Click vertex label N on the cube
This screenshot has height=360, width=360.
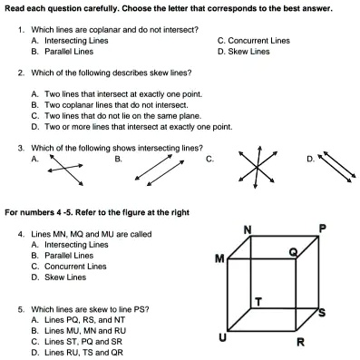(x=248, y=230)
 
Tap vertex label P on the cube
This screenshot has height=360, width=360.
(x=323, y=229)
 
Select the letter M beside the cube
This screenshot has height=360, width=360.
(x=219, y=259)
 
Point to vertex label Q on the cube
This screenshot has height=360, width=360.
(x=293, y=252)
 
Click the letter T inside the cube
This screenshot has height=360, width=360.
(x=258, y=301)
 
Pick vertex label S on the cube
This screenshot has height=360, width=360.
(x=322, y=312)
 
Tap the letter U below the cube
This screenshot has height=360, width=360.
(x=222, y=337)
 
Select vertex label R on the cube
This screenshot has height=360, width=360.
(x=301, y=342)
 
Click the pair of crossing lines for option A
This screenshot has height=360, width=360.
(x=65, y=170)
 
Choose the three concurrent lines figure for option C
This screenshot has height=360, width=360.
(x=257, y=167)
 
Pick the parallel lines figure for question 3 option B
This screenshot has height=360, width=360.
(x=160, y=170)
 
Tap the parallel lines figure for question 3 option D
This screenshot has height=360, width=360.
(x=336, y=166)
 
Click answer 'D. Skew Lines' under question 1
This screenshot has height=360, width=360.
(x=243, y=52)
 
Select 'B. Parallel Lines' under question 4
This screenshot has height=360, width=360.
(x=63, y=256)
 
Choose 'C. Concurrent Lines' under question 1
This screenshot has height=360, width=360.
(x=254, y=41)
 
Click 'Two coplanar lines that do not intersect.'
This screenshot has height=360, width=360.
(x=116, y=105)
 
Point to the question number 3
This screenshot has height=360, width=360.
(x=21, y=148)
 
